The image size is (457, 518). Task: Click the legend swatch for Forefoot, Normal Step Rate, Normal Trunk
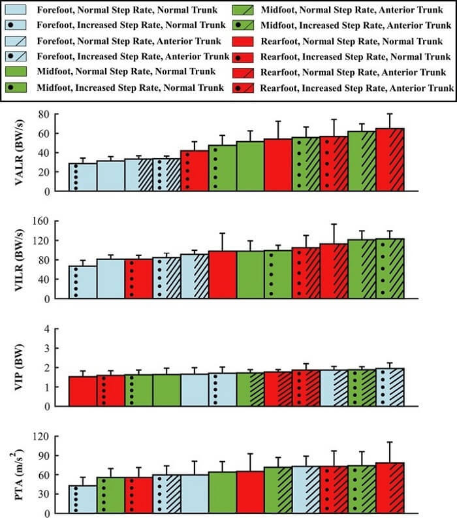pyautogui.click(x=21, y=11)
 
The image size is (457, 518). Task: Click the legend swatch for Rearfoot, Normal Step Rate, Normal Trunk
pyautogui.click(x=243, y=40)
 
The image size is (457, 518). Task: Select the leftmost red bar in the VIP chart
pyautogui.click(x=83, y=391)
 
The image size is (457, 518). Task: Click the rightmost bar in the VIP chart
pyautogui.click(x=390, y=387)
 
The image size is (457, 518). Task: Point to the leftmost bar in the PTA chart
pyautogui.click(x=83, y=499)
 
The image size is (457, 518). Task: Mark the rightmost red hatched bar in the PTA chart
pyautogui.click(x=390, y=488)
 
